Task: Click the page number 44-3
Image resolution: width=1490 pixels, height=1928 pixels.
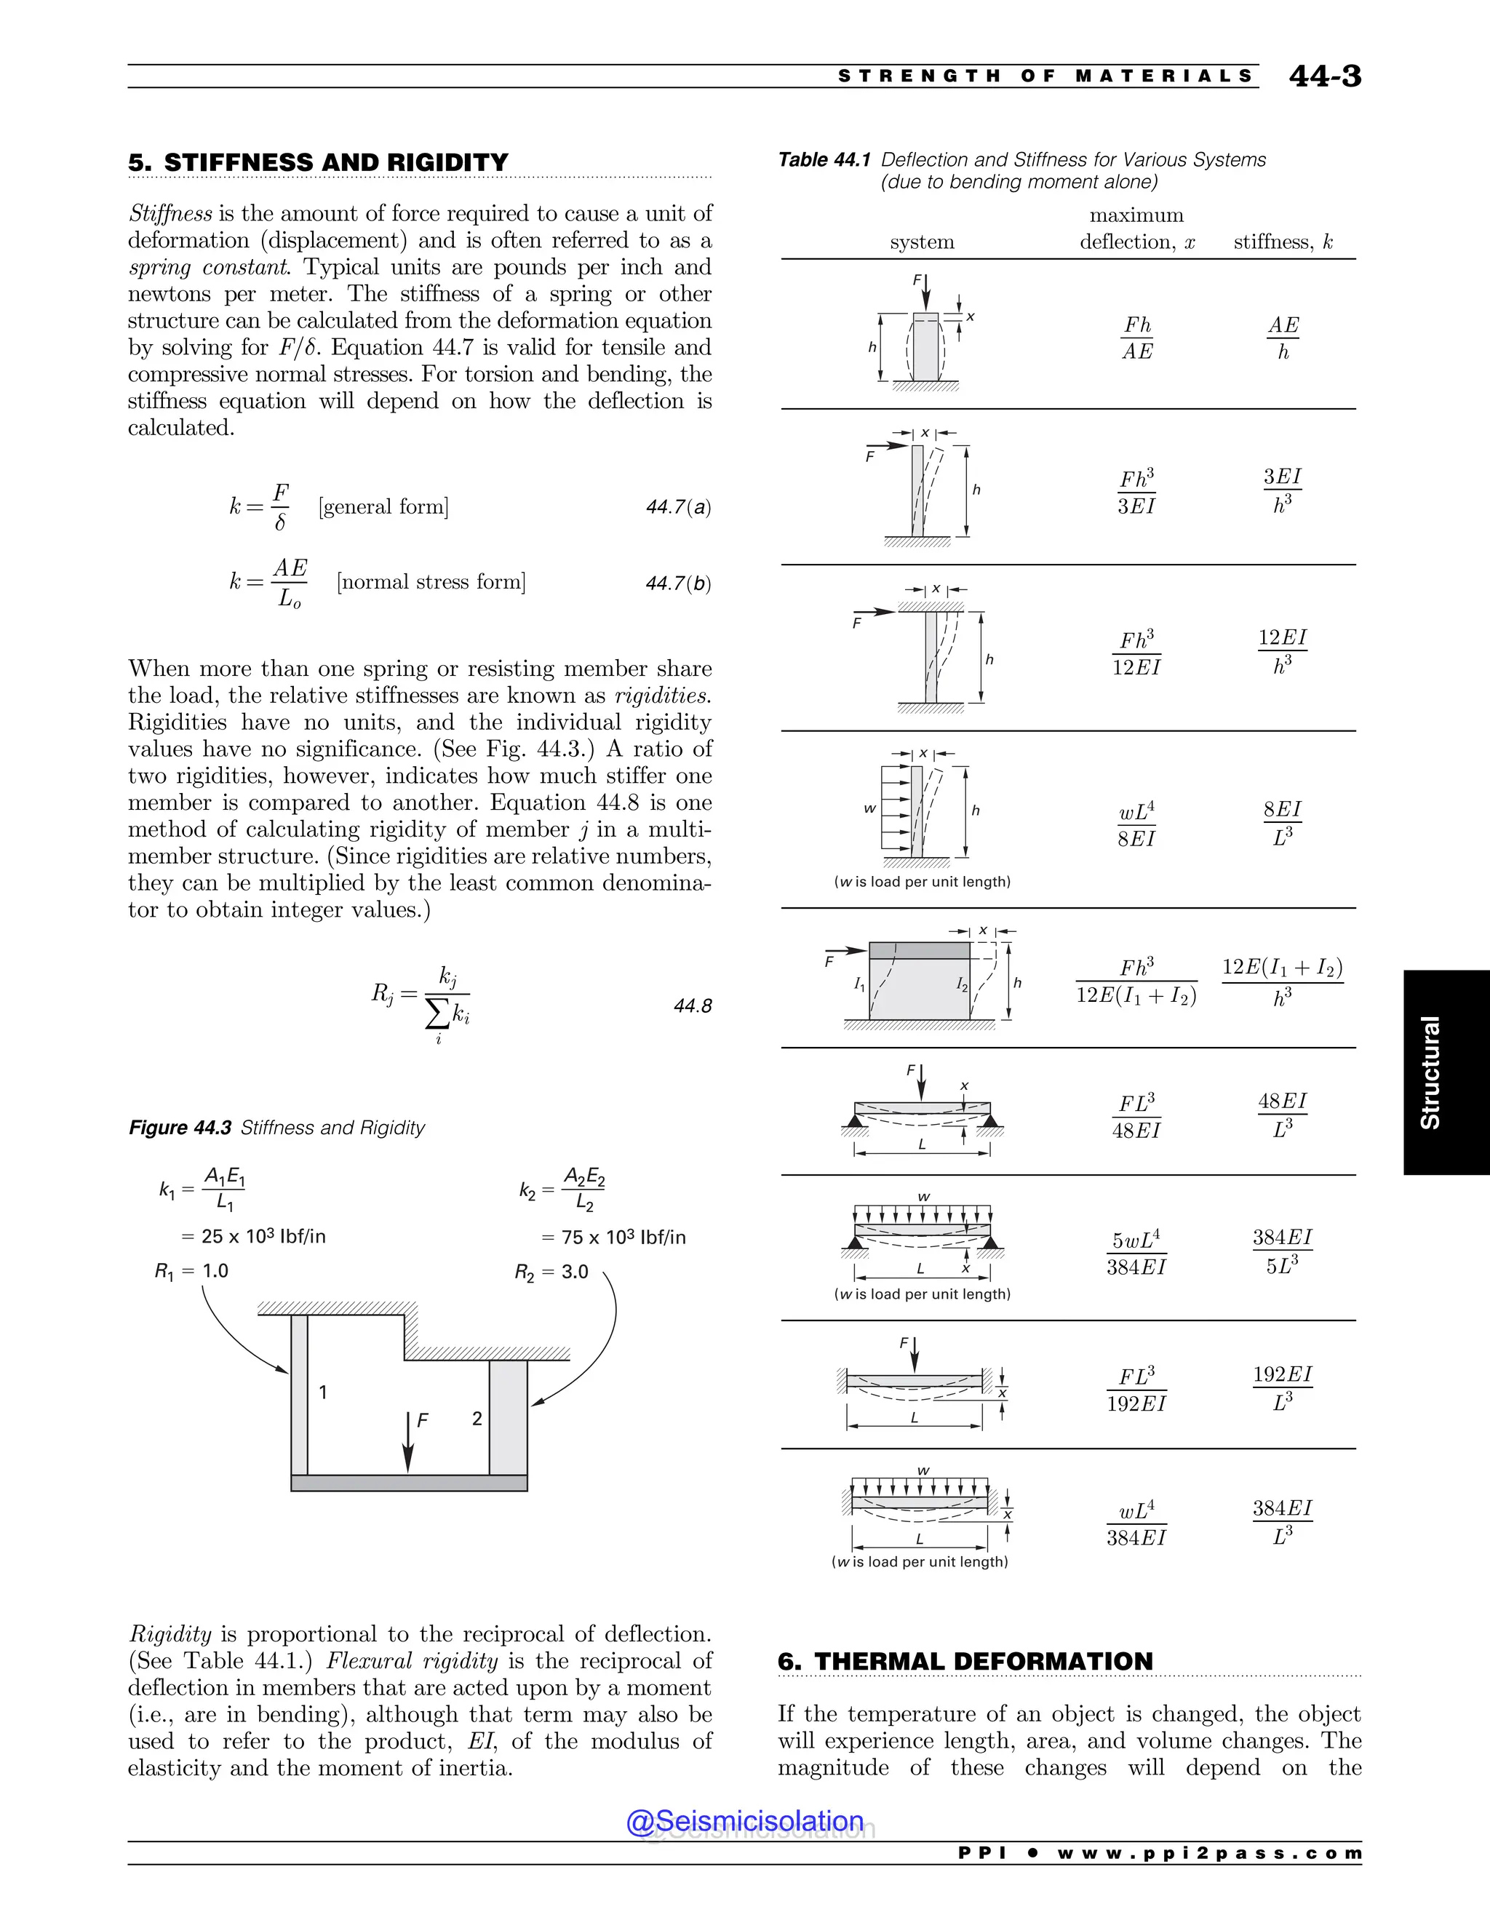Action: pyautogui.click(x=1324, y=77)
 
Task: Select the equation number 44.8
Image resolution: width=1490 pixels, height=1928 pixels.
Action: pyautogui.click(x=692, y=1006)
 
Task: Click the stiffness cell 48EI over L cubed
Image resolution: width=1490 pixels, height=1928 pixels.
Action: pyautogui.click(x=1282, y=1115)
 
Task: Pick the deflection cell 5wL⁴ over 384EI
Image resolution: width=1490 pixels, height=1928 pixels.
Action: pyautogui.click(x=1136, y=1253)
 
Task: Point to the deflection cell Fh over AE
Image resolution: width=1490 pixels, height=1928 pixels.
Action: pyautogui.click(x=1137, y=338)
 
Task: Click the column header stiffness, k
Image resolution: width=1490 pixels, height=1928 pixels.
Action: pyautogui.click(x=1283, y=242)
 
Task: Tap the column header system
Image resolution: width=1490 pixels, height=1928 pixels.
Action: pyautogui.click(x=922, y=242)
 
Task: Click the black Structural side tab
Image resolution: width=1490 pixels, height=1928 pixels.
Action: pyautogui.click(x=1446, y=1072)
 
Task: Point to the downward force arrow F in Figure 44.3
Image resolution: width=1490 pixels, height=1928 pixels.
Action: pyautogui.click(x=408, y=1441)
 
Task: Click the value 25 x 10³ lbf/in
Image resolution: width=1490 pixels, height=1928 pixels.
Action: pyautogui.click(x=254, y=1236)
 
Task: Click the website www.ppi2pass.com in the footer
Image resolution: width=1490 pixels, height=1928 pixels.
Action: pyautogui.click(x=1208, y=1853)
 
